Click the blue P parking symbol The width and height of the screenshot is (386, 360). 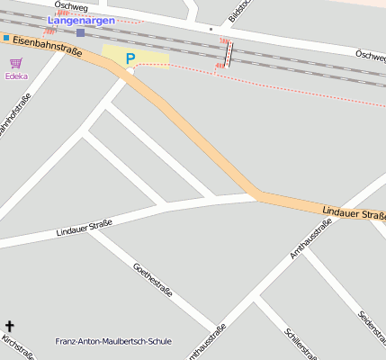pos(130,59)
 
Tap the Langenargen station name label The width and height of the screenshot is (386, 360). pos(81,20)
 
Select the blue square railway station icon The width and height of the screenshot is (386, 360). pos(80,32)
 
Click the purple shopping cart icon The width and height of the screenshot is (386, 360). pos(15,63)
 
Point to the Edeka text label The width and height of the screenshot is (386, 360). pos(16,76)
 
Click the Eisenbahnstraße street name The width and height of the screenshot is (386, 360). pos(47,45)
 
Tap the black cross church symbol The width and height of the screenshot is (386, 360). pos(10,326)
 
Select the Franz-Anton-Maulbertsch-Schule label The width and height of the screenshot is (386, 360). pos(112,341)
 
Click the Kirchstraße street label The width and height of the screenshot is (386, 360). pos(18,347)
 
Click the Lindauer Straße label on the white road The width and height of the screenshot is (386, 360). pos(84,227)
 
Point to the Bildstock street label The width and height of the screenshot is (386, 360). pos(239,9)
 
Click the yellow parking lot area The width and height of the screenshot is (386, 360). pos(148,58)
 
